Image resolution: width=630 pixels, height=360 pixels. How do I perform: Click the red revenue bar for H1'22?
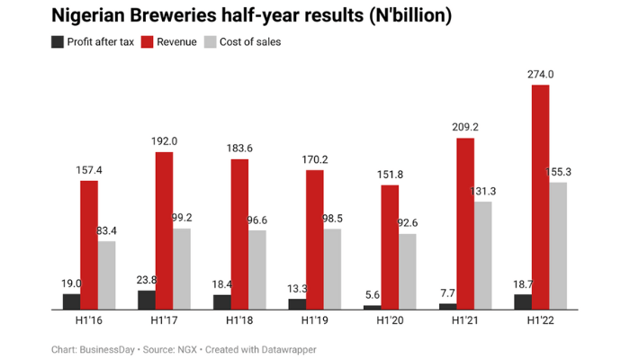click(x=540, y=197)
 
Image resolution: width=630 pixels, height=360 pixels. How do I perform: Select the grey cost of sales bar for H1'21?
click(x=483, y=256)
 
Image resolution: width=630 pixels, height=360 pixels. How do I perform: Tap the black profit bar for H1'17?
click(x=147, y=300)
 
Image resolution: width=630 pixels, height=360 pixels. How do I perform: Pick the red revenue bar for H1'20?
click(x=390, y=247)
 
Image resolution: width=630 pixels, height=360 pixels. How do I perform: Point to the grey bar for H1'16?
click(x=107, y=275)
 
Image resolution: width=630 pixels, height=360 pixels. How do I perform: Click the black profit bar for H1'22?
click(x=522, y=301)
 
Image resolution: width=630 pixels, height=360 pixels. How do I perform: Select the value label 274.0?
click(x=540, y=76)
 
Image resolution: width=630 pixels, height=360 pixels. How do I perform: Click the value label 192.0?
click(x=164, y=141)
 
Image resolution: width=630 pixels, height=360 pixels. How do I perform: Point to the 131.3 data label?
click(x=482, y=191)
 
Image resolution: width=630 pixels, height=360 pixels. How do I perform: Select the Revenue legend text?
click(x=177, y=41)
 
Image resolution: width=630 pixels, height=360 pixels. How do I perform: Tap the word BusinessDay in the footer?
click(x=109, y=349)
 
